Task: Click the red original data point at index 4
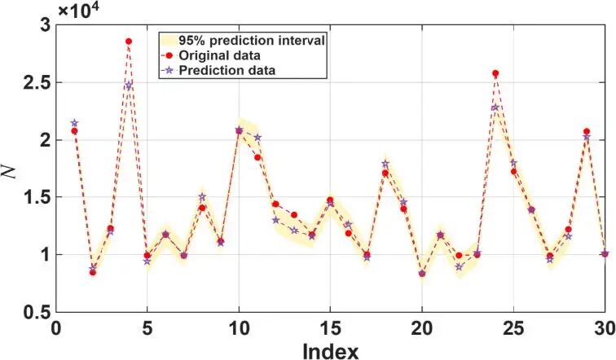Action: (x=129, y=42)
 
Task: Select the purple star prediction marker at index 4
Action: (x=129, y=86)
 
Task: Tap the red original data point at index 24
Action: (x=495, y=73)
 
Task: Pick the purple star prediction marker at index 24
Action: (x=495, y=108)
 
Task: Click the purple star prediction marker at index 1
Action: (x=74, y=123)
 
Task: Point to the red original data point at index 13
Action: (x=293, y=215)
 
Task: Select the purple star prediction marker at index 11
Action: (x=257, y=138)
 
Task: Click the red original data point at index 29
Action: (x=587, y=132)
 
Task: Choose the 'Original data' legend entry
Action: (x=221, y=55)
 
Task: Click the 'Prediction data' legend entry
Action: (x=225, y=70)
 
